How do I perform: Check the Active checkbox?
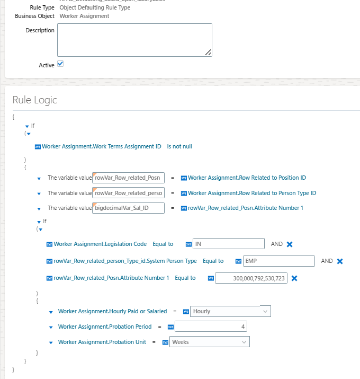pos(60,64)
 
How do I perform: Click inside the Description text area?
pos(134,39)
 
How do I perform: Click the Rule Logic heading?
pos(34,100)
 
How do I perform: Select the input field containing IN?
pos(228,244)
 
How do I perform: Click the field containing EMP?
pos(279,261)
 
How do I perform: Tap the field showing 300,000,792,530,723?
pos(251,278)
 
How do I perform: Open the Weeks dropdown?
pos(210,342)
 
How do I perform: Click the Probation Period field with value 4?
pos(211,327)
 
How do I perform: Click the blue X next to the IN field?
pos(290,244)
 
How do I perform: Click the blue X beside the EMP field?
pos(340,261)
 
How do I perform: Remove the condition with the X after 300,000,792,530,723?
pos(294,278)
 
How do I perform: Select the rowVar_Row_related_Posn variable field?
pos(128,178)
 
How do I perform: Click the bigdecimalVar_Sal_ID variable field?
pos(128,208)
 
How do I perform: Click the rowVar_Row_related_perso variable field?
pos(128,193)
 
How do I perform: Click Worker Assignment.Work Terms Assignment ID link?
pos(101,146)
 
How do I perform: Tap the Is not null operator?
pos(179,146)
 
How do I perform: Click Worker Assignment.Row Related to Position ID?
pos(247,178)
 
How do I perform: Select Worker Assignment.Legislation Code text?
pos(100,244)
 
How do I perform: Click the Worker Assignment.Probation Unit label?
pos(102,342)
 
